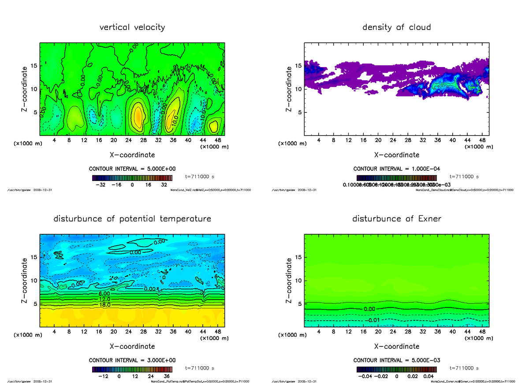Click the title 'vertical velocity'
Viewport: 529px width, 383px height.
tap(132, 27)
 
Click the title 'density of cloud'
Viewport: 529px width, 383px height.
tap(396, 27)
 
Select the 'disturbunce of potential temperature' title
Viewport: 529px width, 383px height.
tap(132, 219)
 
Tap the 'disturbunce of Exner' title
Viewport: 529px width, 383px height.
tap(396, 219)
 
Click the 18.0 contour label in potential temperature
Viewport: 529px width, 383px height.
tap(104, 305)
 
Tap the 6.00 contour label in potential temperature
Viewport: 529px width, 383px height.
tap(104, 293)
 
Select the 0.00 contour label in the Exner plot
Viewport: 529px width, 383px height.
tap(370, 309)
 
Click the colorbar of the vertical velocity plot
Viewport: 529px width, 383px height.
tap(132, 178)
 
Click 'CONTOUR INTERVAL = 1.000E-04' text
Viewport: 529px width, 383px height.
tap(396, 169)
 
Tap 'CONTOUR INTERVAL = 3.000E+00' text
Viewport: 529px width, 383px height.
tap(132, 360)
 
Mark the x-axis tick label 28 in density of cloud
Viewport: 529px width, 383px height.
tap(408, 140)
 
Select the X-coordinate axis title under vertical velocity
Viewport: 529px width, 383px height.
tap(132, 155)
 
